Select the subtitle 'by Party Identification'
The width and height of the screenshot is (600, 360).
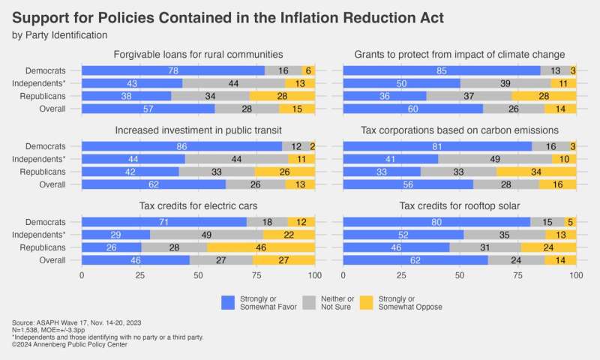click(60, 34)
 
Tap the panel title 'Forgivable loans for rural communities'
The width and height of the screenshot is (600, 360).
click(198, 54)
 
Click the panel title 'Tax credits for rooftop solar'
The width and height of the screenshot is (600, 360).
click(459, 206)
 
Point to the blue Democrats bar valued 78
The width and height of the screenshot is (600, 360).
click(172, 70)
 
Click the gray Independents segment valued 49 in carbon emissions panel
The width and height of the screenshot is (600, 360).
click(495, 160)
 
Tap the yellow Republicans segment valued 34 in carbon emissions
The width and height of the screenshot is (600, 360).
click(536, 172)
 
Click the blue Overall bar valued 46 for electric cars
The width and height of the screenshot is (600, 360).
click(135, 260)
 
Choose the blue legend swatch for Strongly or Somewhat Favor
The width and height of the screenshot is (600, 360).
click(229, 302)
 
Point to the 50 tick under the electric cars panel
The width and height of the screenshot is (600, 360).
click(198, 275)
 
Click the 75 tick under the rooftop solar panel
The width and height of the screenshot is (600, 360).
click(517, 275)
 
